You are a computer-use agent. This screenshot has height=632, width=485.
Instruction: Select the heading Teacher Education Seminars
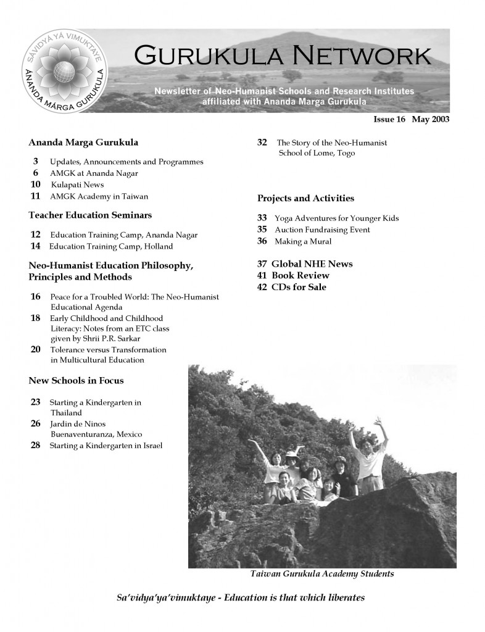[90, 215]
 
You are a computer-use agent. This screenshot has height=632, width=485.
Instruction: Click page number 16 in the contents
[35, 297]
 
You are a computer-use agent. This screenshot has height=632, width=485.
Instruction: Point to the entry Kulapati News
[77, 185]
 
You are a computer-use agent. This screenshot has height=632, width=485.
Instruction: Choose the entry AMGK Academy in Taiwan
[99, 196]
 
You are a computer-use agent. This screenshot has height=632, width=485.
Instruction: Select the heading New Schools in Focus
[76, 380]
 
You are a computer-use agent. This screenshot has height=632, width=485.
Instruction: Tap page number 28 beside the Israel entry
[35, 445]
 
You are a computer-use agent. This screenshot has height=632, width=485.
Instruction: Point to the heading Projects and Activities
[305, 198]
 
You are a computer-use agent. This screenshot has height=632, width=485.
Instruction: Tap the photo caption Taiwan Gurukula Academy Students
[321, 574]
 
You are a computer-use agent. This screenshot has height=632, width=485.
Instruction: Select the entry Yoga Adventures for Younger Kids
[336, 218]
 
